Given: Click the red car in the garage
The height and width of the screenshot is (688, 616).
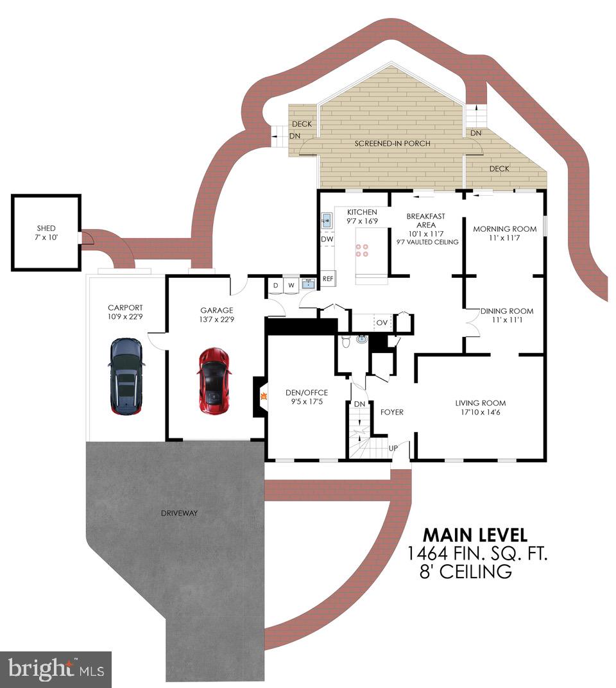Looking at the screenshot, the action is click(x=214, y=381).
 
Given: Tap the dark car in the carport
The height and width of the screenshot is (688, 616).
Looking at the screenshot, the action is click(x=126, y=376).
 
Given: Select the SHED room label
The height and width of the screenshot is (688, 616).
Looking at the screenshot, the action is click(x=46, y=228).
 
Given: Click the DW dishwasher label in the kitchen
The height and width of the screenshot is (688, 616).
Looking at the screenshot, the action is click(x=327, y=239).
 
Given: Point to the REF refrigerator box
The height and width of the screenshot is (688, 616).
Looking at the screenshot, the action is click(x=328, y=279).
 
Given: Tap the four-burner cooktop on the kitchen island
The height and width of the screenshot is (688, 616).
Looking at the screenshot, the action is click(x=362, y=250).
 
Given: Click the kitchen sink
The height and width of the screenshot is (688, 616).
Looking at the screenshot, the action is click(x=327, y=220).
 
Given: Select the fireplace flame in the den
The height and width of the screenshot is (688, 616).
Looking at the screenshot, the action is click(x=264, y=396).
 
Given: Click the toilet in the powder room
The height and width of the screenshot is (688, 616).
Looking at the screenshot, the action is click(x=346, y=342).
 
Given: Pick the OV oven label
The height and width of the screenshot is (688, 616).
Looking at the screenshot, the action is click(x=382, y=322).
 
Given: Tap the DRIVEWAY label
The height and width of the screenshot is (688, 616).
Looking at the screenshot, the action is click(x=180, y=513).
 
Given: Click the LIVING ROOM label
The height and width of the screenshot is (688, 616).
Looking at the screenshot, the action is click(x=481, y=403).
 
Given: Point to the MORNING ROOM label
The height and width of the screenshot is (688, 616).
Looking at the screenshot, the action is click(x=504, y=228).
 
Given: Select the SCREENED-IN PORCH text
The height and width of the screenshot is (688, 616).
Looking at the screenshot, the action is click(x=392, y=143).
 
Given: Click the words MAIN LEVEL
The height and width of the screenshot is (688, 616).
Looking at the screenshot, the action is click(x=475, y=535).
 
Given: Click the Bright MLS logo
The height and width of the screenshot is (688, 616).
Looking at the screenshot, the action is click(x=56, y=669).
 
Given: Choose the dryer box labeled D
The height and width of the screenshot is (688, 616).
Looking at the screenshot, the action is click(x=275, y=285).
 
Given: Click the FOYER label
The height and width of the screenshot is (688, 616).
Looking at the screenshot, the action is click(x=392, y=412).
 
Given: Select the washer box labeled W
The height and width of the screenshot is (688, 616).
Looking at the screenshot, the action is click(x=291, y=285).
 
